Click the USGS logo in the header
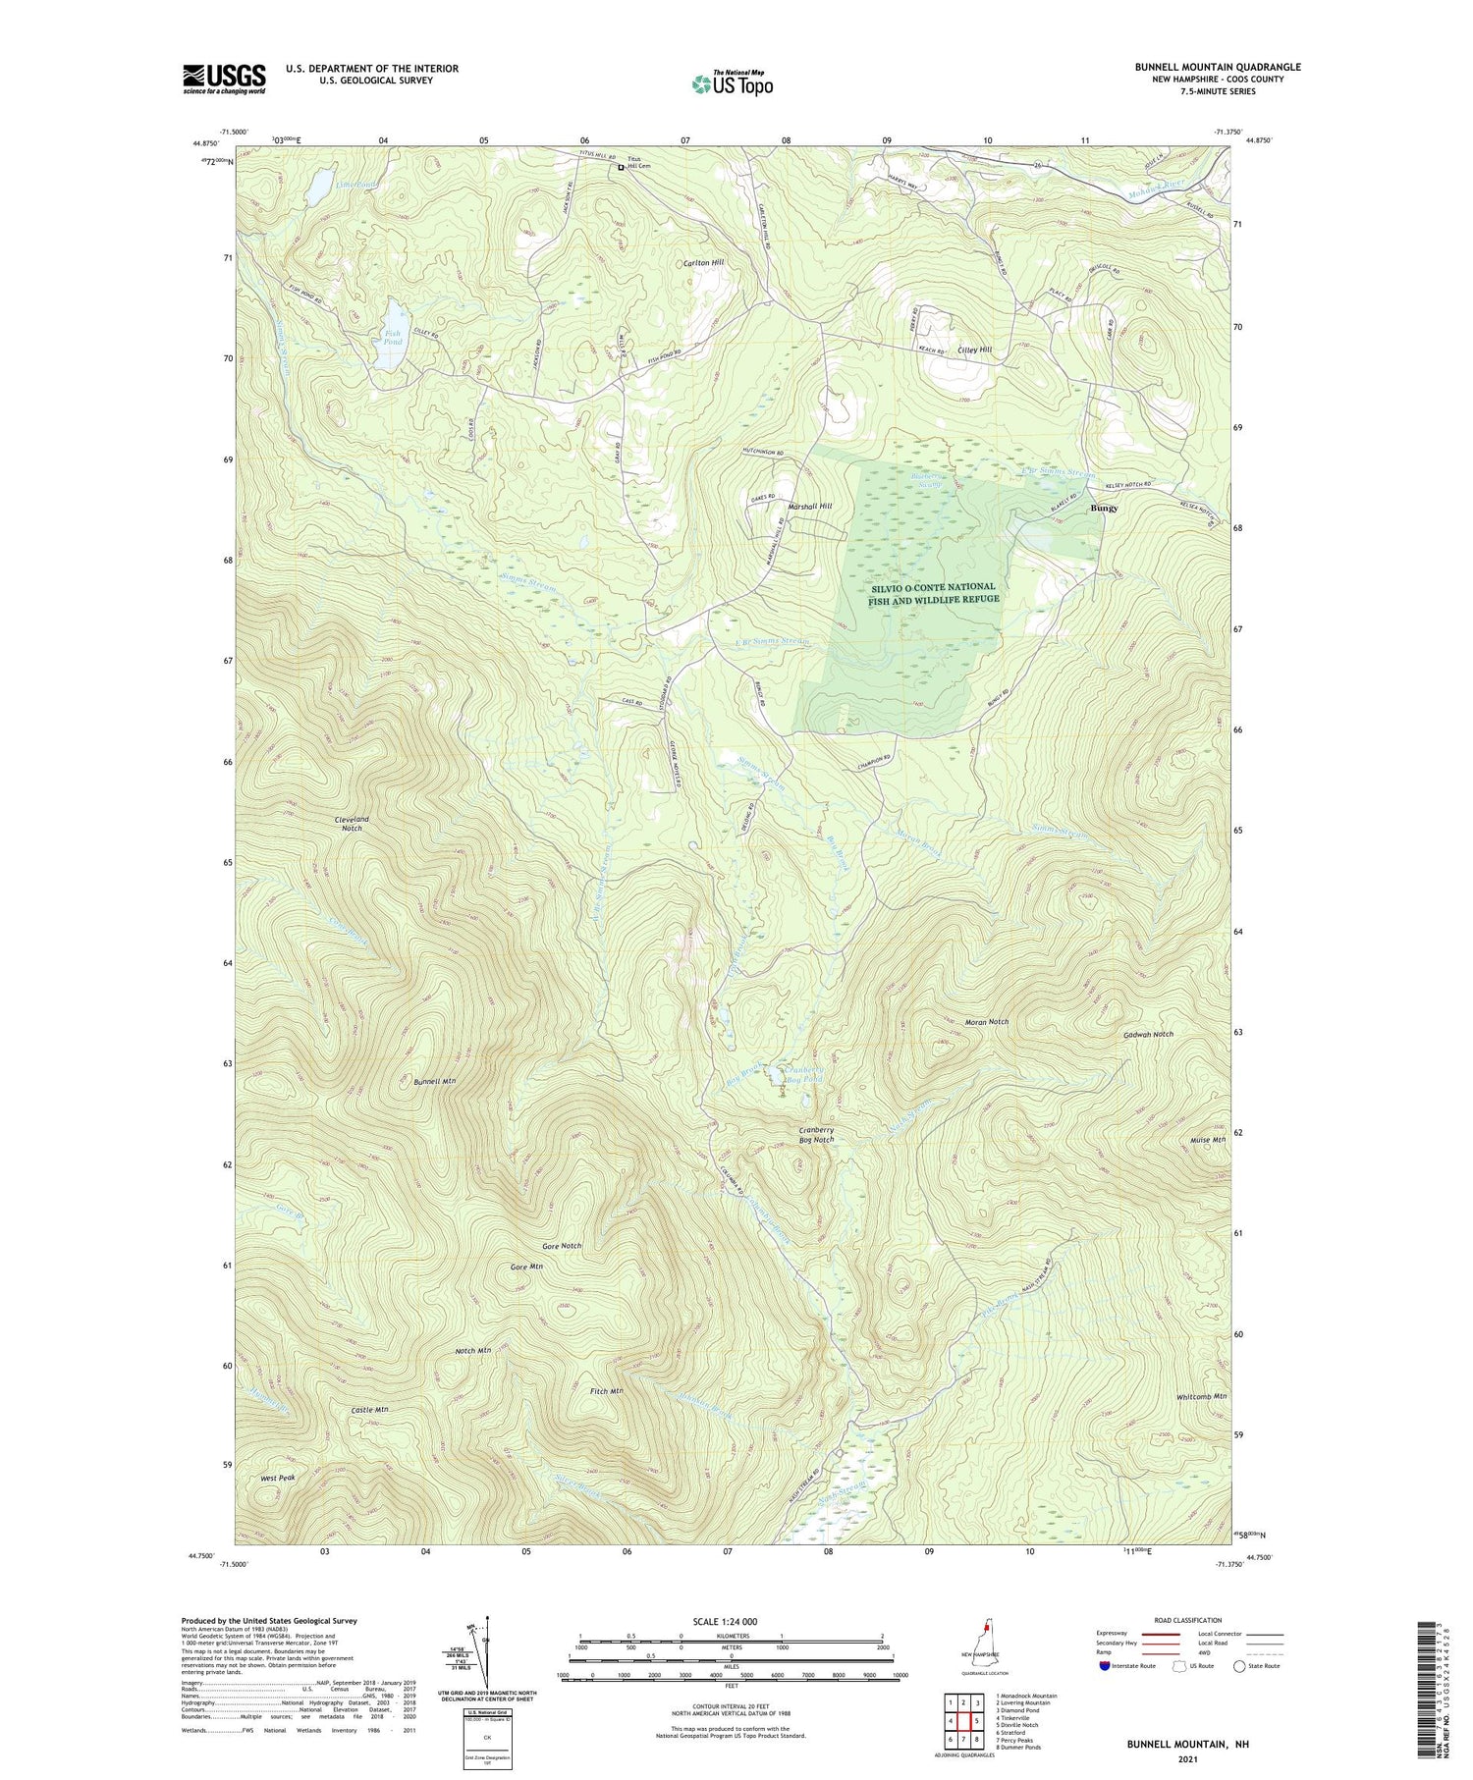(x=224, y=79)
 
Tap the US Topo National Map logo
(x=732, y=83)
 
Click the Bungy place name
(x=1105, y=510)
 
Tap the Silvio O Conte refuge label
(x=933, y=592)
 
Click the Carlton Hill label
(x=704, y=262)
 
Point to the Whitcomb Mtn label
(x=1201, y=1396)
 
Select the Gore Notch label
(x=561, y=1246)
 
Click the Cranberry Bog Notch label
(x=816, y=1135)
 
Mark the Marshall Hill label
(x=810, y=506)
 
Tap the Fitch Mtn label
(x=606, y=1391)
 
